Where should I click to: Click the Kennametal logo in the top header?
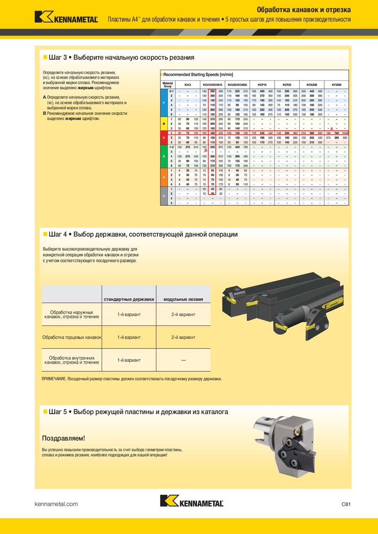coord(66,17)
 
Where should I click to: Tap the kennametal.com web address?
coord(56,504)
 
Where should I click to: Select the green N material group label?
coord(163,156)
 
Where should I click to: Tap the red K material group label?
coord(163,138)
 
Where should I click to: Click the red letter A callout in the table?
coord(332,129)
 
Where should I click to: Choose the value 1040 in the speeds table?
coord(345,133)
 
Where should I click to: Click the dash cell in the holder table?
coord(183,360)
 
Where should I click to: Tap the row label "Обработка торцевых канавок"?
coord(72,337)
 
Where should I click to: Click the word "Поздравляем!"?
coord(64,438)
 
